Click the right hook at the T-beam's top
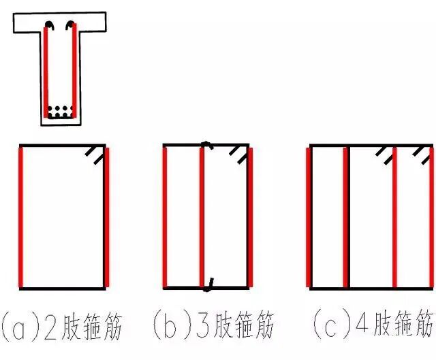[x=69, y=26]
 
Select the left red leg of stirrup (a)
[x=22, y=216]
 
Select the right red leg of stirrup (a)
[x=106, y=216]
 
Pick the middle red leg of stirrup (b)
[x=202, y=216]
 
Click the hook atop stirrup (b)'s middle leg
[x=205, y=144]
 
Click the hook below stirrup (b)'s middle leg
[x=208, y=284]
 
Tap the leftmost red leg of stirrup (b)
[x=165, y=216]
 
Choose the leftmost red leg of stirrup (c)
[x=310, y=216]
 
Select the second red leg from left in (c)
[x=349, y=216]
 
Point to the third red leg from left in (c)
[x=394, y=216]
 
